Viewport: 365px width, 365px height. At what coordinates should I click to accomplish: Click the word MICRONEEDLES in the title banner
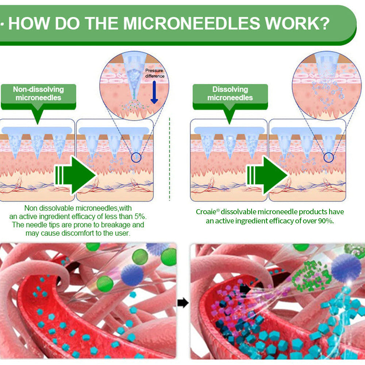click(x=192, y=23)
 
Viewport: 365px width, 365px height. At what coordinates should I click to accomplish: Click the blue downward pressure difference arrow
click(x=154, y=92)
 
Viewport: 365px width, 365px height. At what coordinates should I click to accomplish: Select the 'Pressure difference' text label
click(x=154, y=73)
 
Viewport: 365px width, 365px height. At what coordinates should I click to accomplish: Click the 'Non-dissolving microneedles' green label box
click(x=38, y=97)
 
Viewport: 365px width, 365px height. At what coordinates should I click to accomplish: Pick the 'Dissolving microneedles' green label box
click(x=230, y=97)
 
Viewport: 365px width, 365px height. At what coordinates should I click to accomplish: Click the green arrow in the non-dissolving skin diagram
click(x=75, y=176)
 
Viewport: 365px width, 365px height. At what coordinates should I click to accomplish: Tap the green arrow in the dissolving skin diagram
click(x=268, y=176)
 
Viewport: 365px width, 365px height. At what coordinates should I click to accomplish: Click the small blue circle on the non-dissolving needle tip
click(x=136, y=158)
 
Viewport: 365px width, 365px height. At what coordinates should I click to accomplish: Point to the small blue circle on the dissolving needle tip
click(x=329, y=158)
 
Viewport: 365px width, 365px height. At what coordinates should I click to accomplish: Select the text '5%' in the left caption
click(x=140, y=216)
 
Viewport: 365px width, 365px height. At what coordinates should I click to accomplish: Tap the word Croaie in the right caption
click(x=206, y=212)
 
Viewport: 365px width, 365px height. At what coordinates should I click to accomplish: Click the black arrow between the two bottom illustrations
click(x=183, y=303)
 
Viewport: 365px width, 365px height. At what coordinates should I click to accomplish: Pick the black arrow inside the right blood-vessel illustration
click(x=245, y=289)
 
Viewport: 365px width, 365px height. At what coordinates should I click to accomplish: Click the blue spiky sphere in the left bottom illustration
click(x=132, y=275)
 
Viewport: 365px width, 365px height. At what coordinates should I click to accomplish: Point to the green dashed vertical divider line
click(x=169, y=159)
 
